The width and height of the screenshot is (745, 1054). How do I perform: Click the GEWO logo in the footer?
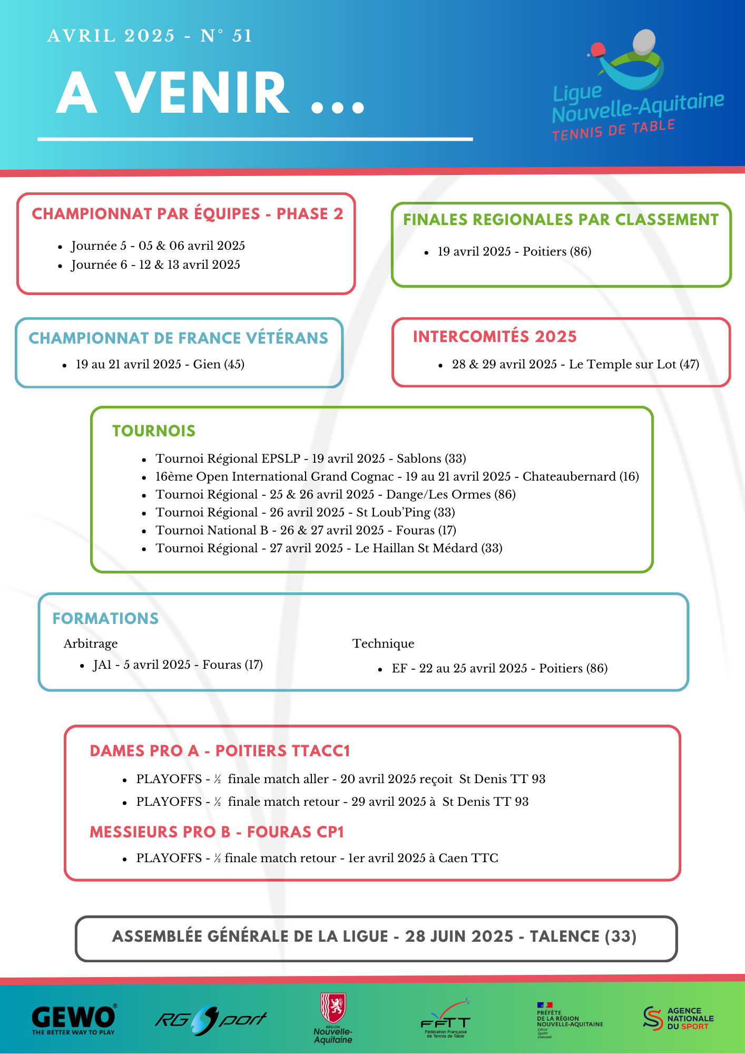click(74, 1019)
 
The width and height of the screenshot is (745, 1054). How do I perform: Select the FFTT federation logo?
click(446, 1020)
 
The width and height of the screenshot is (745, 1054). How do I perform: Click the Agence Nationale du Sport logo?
click(679, 1018)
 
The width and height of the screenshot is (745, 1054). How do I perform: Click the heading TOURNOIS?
click(154, 431)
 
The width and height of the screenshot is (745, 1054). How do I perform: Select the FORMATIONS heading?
click(105, 619)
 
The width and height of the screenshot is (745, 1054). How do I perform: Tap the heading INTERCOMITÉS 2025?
click(495, 337)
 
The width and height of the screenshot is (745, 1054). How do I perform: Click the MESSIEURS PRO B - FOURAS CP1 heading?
click(217, 832)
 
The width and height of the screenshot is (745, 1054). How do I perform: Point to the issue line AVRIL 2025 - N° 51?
click(150, 36)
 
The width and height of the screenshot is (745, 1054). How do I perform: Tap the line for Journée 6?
click(156, 265)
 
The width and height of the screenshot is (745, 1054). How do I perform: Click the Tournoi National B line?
click(306, 531)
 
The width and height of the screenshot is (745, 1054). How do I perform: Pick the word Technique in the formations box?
click(383, 644)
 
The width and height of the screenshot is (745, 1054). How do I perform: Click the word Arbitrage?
click(91, 644)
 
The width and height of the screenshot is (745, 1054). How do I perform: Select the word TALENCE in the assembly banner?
click(564, 936)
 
